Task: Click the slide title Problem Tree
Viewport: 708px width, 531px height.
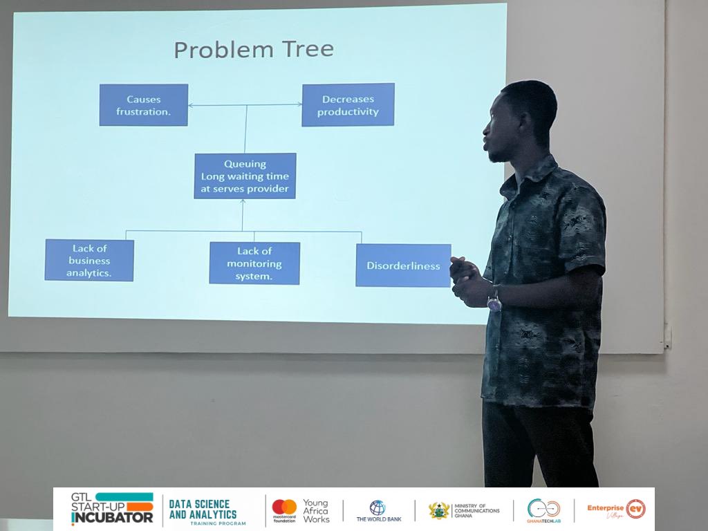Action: click(x=253, y=50)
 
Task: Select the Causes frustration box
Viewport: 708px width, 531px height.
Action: click(x=144, y=105)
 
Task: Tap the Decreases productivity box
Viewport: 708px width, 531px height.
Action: click(x=348, y=105)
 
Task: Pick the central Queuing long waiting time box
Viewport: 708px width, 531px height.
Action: click(x=245, y=176)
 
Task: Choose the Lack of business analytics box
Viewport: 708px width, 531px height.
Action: click(x=89, y=261)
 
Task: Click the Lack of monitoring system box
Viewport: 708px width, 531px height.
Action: click(x=254, y=263)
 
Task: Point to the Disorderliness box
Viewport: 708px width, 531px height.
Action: click(x=403, y=265)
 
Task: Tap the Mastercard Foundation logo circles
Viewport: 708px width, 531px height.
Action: click(x=284, y=507)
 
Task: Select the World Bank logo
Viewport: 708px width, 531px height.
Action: click(x=378, y=508)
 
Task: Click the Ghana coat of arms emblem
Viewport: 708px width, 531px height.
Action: click(x=439, y=510)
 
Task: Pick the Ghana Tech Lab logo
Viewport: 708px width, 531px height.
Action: click(x=543, y=508)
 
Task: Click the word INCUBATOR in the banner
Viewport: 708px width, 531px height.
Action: click(x=112, y=516)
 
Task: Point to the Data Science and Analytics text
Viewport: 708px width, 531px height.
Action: click(x=203, y=510)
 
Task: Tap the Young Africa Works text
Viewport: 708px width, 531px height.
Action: click(x=316, y=511)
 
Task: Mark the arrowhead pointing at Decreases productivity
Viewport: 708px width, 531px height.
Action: click(x=299, y=104)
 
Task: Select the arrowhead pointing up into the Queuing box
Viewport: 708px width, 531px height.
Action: click(x=243, y=202)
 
